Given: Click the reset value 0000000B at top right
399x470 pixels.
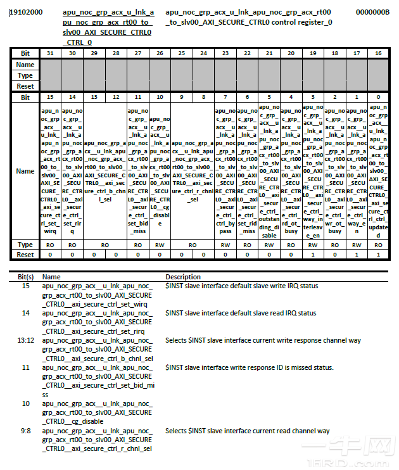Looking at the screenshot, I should tap(372, 13).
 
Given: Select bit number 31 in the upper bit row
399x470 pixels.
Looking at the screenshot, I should tap(51, 53).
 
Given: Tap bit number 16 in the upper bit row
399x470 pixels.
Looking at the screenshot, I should tap(378, 53).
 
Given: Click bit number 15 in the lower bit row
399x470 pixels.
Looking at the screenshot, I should tap(51, 97).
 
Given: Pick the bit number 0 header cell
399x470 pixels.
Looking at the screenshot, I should tap(378, 97).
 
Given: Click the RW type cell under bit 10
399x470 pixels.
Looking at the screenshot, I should tap(160, 245).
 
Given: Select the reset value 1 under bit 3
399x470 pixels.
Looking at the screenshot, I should tap(312, 254).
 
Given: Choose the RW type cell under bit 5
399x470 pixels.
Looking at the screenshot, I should tap(269, 245).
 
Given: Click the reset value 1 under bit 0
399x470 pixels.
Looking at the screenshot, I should tap(378, 254).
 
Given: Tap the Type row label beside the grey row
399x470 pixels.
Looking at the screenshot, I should tap(25, 75).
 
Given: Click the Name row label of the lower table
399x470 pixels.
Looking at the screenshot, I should tap(25, 171).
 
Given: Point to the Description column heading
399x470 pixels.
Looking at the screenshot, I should tap(183, 277).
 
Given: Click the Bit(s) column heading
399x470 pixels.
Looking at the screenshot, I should tap(26, 277).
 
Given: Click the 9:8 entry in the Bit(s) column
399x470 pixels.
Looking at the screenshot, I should tap(26, 431).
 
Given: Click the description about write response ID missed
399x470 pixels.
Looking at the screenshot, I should tap(250, 367).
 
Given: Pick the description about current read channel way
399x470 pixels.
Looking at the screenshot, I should tap(248, 431).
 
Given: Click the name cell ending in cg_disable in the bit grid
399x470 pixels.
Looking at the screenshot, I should tap(160, 171).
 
